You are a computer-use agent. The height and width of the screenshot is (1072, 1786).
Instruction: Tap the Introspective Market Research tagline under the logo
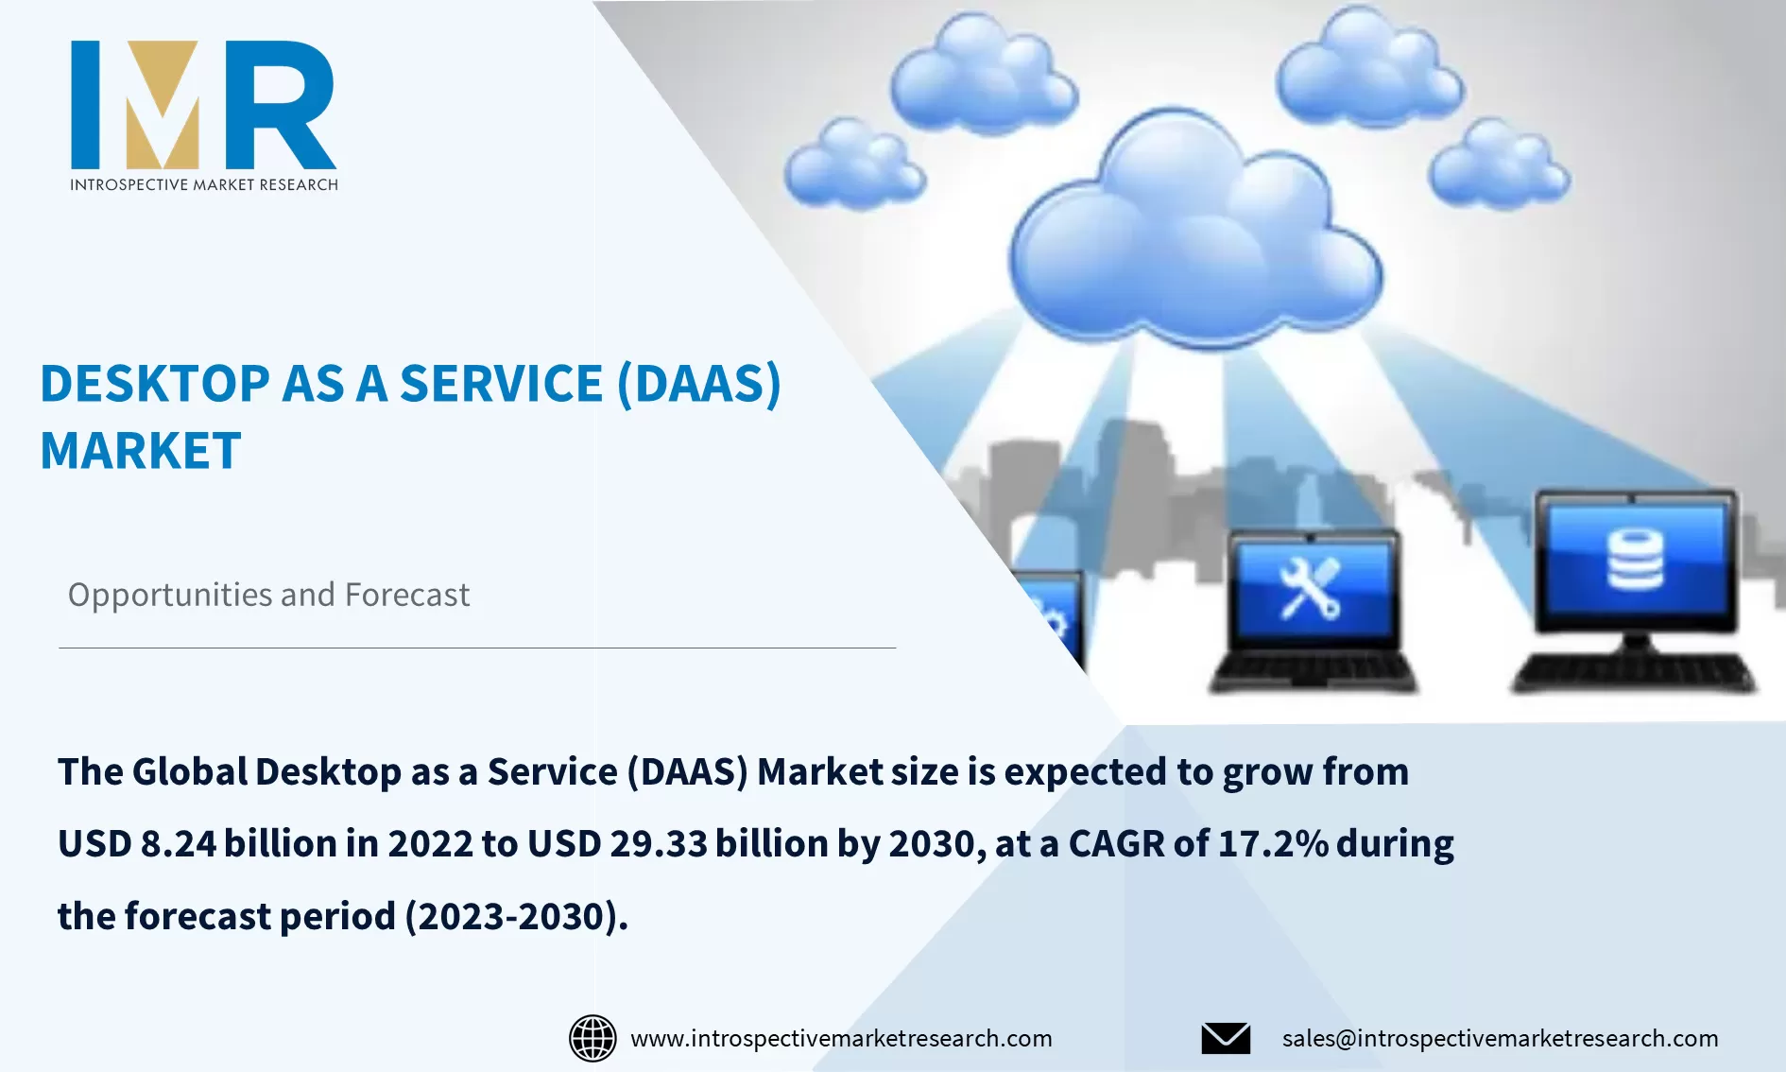203,184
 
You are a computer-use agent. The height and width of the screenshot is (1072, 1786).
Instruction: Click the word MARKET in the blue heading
141,451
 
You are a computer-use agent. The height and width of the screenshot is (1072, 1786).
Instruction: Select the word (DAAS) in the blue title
698,384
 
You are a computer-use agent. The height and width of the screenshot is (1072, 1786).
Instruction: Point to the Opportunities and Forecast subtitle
268,595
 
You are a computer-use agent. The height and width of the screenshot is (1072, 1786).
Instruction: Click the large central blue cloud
1193,236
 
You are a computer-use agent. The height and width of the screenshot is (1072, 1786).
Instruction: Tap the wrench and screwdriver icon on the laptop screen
1310,588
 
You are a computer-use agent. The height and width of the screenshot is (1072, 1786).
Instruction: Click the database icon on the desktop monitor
1635,560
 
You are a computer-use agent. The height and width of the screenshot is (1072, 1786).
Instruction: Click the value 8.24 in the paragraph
179,843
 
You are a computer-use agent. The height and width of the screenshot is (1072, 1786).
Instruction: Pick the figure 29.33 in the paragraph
659,843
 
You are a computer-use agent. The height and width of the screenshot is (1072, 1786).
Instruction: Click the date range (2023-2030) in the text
516,916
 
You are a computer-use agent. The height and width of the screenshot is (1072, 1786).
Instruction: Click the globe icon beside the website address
592,1038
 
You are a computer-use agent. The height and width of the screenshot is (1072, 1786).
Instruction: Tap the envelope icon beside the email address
1226,1038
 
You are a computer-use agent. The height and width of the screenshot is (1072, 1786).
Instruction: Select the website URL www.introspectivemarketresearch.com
841,1038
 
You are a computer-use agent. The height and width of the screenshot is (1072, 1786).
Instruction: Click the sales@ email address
1500,1038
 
